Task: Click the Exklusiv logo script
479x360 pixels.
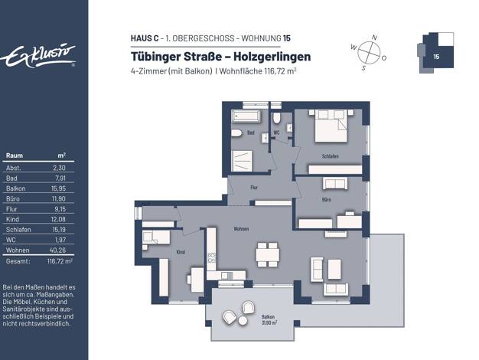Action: pyautogui.click(x=37, y=56)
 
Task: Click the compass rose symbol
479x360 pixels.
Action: pyautogui.click(x=369, y=51)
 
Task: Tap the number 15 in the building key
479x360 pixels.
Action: pyautogui.click(x=436, y=57)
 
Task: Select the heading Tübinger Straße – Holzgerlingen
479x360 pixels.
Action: pyautogui.click(x=221, y=56)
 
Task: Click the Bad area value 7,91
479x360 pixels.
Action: pyautogui.click(x=60, y=178)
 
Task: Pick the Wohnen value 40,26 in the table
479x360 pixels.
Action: pyautogui.click(x=57, y=250)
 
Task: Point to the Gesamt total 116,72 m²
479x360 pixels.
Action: pyautogui.click(x=60, y=261)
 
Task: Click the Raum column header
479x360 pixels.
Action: pyautogui.click(x=15, y=155)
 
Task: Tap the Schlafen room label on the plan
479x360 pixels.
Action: pyautogui.click(x=331, y=156)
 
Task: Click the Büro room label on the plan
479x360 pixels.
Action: pyautogui.click(x=326, y=200)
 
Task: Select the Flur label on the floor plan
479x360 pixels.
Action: pyautogui.click(x=254, y=188)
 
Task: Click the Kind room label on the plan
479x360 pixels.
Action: pyautogui.click(x=181, y=252)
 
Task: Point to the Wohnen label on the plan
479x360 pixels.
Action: pyautogui.click(x=241, y=229)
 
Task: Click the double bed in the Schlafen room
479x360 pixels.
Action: pyautogui.click(x=331, y=126)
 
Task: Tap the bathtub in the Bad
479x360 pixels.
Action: pyautogui.click(x=246, y=116)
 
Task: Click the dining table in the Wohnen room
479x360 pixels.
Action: pyautogui.click(x=268, y=254)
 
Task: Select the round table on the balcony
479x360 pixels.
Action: pyautogui.click(x=243, y=321)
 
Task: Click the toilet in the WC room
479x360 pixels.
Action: pyautogui.click(x=276, y=118)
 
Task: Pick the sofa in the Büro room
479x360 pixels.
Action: pyautogui.click(x=335, y=184)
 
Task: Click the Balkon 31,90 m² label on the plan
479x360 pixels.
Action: pyautogui.click(x=269, y=319)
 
